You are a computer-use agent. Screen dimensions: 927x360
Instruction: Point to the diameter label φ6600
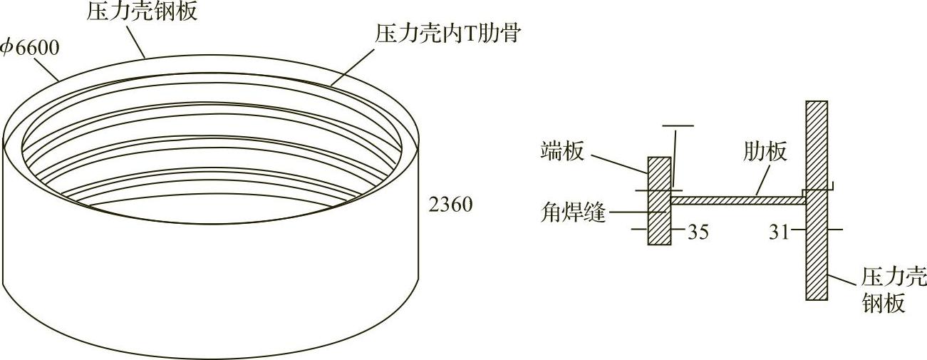[29, 48]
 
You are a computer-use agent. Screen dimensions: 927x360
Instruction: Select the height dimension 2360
[451, 205]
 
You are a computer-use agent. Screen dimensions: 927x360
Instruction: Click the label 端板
[562, 151]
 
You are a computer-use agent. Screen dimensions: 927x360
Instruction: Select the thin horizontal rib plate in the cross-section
[737, 201]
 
